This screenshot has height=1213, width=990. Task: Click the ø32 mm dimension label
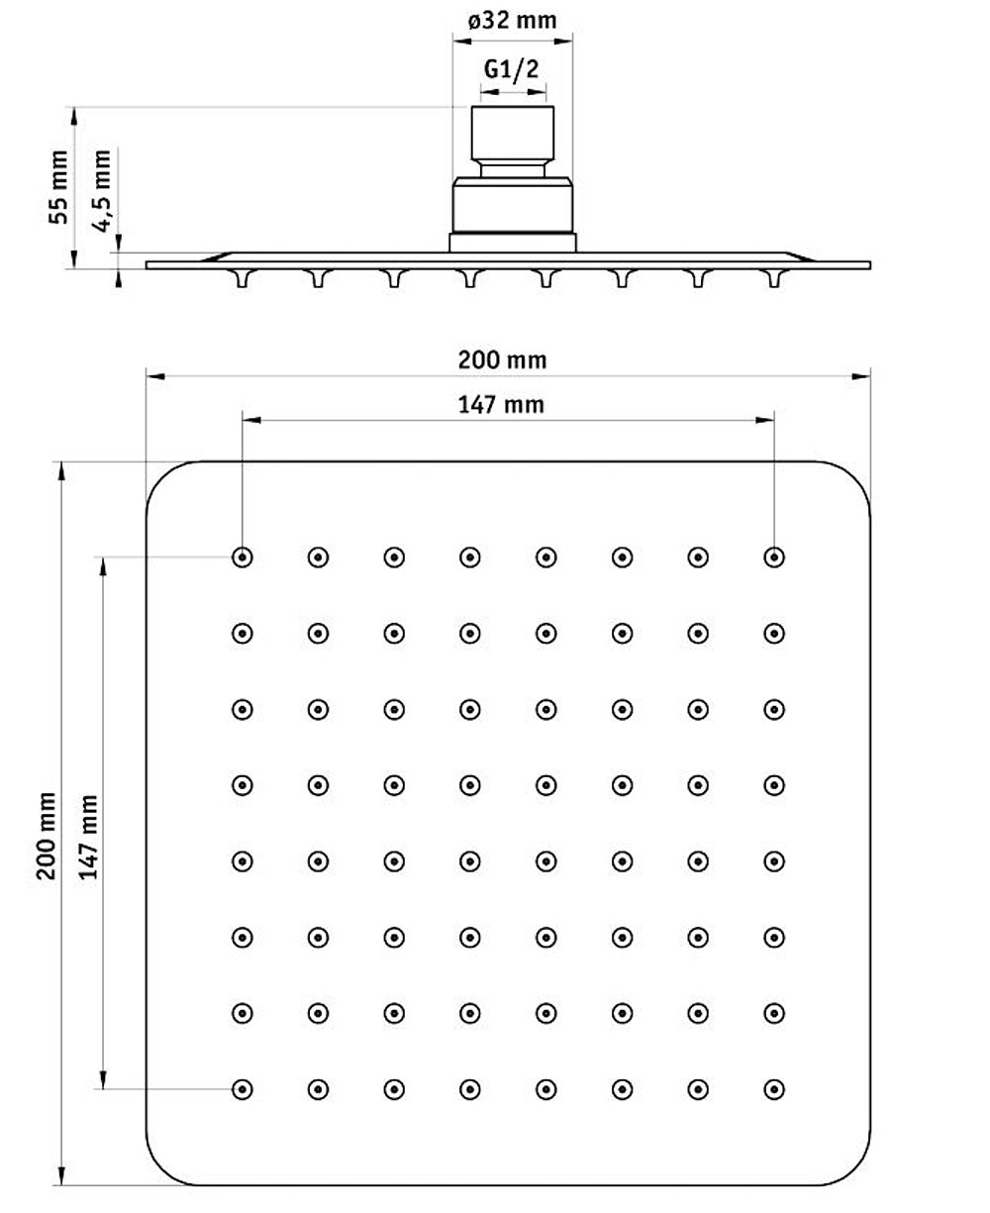pos(512,21)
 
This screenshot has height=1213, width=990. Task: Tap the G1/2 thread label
pos(511,69)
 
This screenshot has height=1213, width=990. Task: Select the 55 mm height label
pos(58,187)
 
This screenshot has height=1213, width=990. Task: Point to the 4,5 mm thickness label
pos(102,191)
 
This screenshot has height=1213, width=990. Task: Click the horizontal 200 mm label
pos(502,360)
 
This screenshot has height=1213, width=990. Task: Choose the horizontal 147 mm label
pos(501,405)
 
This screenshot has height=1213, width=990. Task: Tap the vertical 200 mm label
pos(46,836)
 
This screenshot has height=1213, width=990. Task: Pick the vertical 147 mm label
pos(88,837)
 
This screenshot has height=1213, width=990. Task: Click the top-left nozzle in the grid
pos(242,556)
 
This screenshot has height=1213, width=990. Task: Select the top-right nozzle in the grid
pos(774,556)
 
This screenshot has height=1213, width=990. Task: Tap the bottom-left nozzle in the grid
pos(242,1089)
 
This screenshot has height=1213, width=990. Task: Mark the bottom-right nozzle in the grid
pos(774,1089)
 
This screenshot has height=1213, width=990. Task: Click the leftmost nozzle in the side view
pos(243,278)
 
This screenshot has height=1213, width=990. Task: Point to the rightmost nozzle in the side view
pos(774,278)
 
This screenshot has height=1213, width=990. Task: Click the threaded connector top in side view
pos(512,134)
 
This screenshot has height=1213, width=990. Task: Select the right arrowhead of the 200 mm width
pos(861,376)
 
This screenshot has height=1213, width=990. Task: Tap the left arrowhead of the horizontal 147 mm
pos(251,420)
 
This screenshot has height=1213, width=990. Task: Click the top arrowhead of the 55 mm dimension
pos(73,117)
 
